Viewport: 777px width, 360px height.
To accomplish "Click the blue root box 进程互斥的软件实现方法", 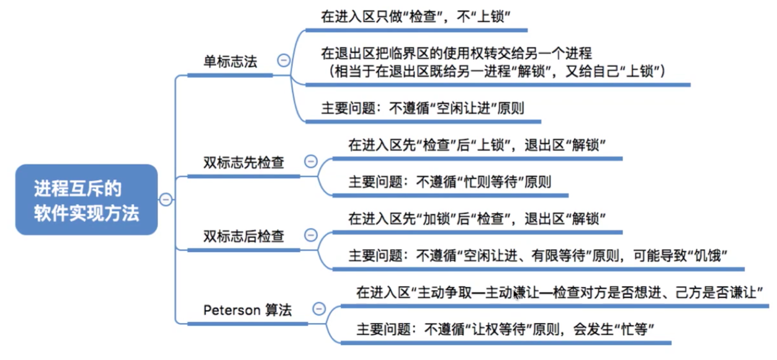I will point(87,200).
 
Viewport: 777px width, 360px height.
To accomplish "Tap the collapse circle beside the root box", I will point(166,199).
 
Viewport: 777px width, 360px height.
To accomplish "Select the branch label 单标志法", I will point(230,62).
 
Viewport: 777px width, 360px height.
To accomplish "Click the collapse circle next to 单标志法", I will point(284,60).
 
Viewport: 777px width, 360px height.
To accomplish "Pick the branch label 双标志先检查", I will point(244,163).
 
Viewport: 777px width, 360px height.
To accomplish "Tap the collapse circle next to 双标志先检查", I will point(311,161).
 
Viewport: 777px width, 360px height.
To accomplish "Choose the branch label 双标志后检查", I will point(244,236).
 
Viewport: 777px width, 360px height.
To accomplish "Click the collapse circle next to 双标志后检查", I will point(311,235).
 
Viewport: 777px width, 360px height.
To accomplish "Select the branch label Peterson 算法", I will point(247,310).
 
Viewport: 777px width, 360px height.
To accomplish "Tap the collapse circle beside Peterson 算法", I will point(319,308).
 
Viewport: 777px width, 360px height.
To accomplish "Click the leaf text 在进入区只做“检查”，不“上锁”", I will point(416,17).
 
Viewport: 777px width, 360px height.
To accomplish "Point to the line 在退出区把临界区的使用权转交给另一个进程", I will point(456,53).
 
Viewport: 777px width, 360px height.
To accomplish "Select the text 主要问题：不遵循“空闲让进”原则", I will point(423,108).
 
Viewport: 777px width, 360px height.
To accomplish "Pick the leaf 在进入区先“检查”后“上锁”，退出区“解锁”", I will point(477,145).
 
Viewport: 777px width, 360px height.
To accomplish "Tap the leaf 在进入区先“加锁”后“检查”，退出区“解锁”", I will point(477,219).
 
